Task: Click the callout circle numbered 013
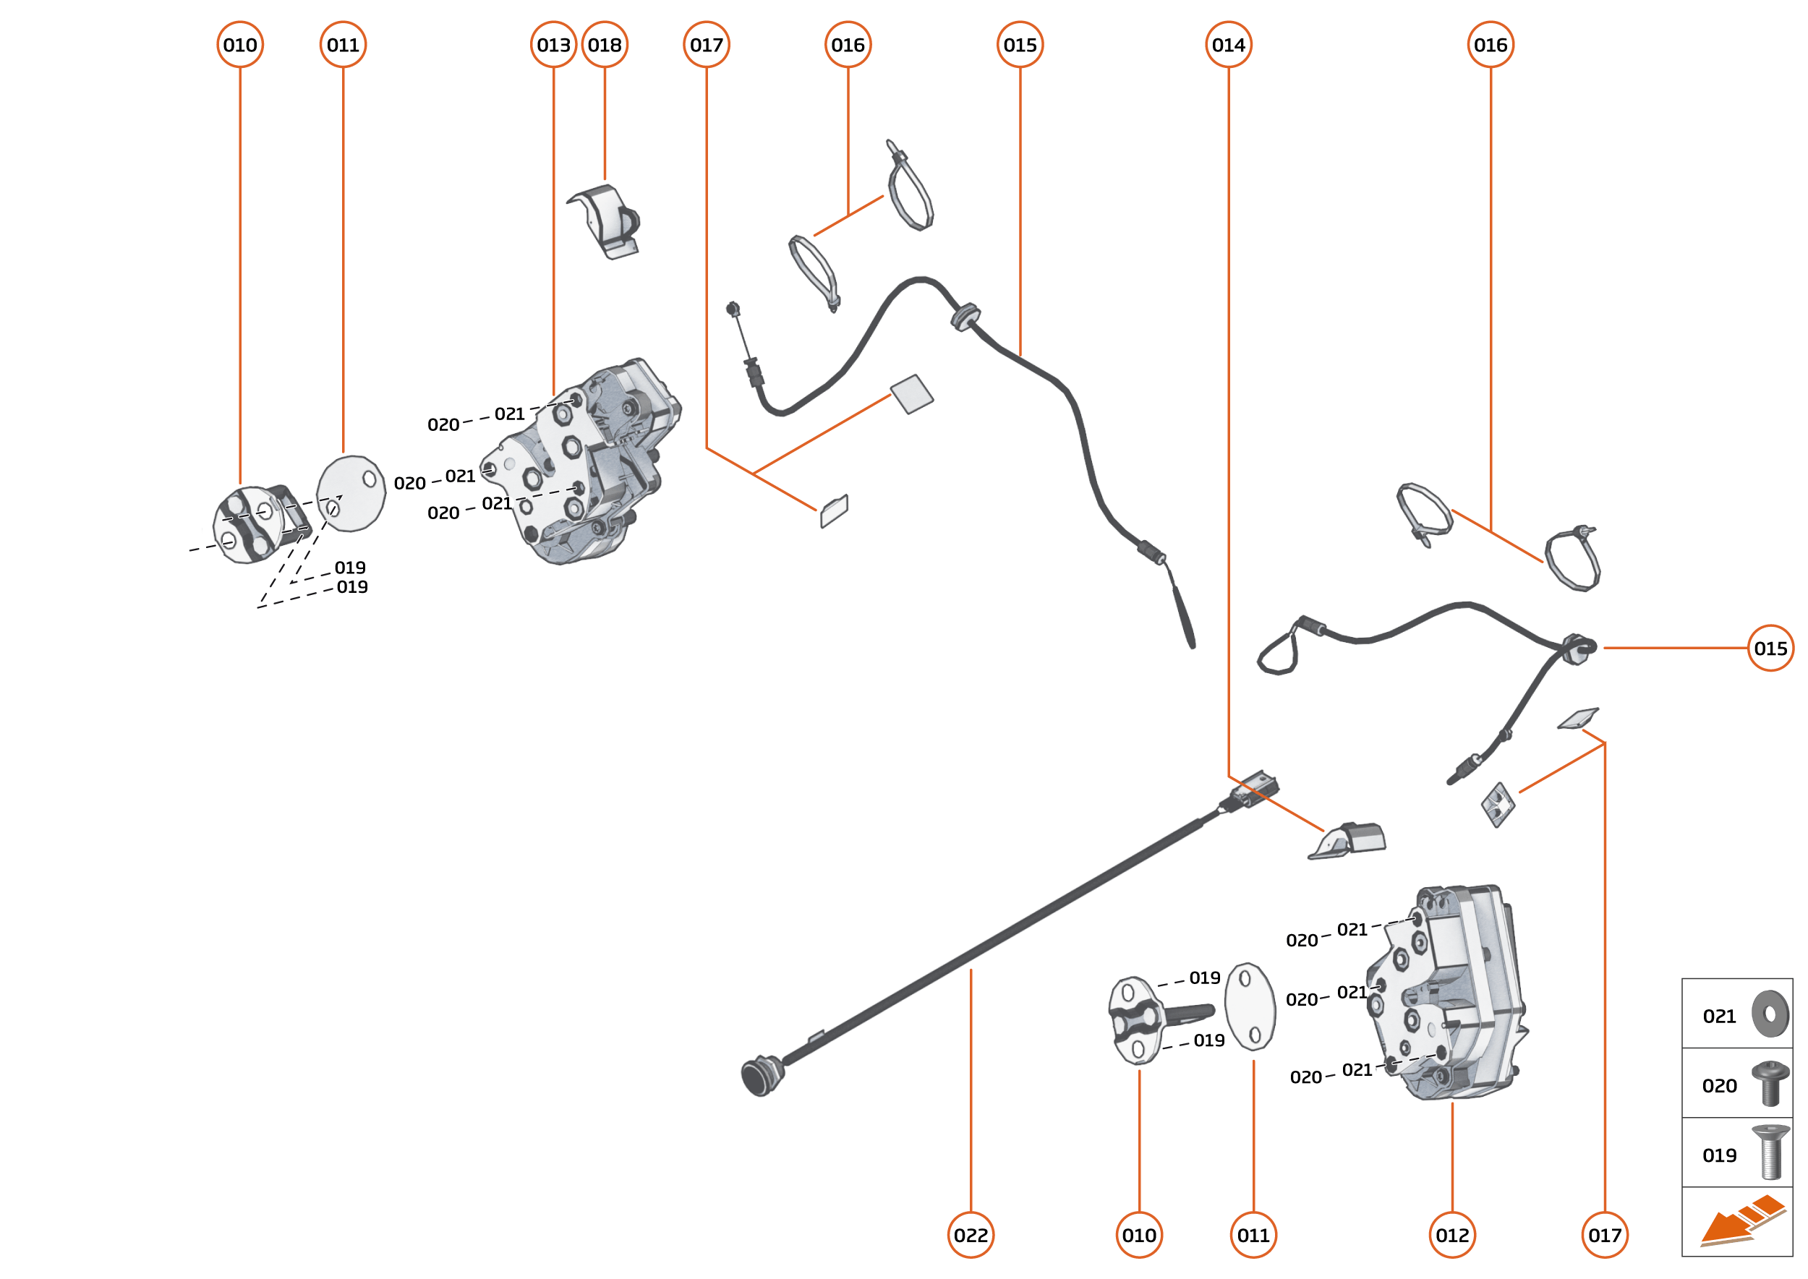553,45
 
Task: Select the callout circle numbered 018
605,45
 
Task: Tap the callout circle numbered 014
1228,45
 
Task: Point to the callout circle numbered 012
1452,1235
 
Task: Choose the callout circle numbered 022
971,1235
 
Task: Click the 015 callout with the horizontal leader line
1770,648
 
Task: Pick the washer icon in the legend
1770,1014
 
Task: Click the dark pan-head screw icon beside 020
1770,1084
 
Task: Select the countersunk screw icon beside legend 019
1770,1152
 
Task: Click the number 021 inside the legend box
1719,1017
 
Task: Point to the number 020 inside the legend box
1719,1086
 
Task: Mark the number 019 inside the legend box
1719,1155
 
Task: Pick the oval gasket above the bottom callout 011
1250,1006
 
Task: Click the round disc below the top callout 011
351,494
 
